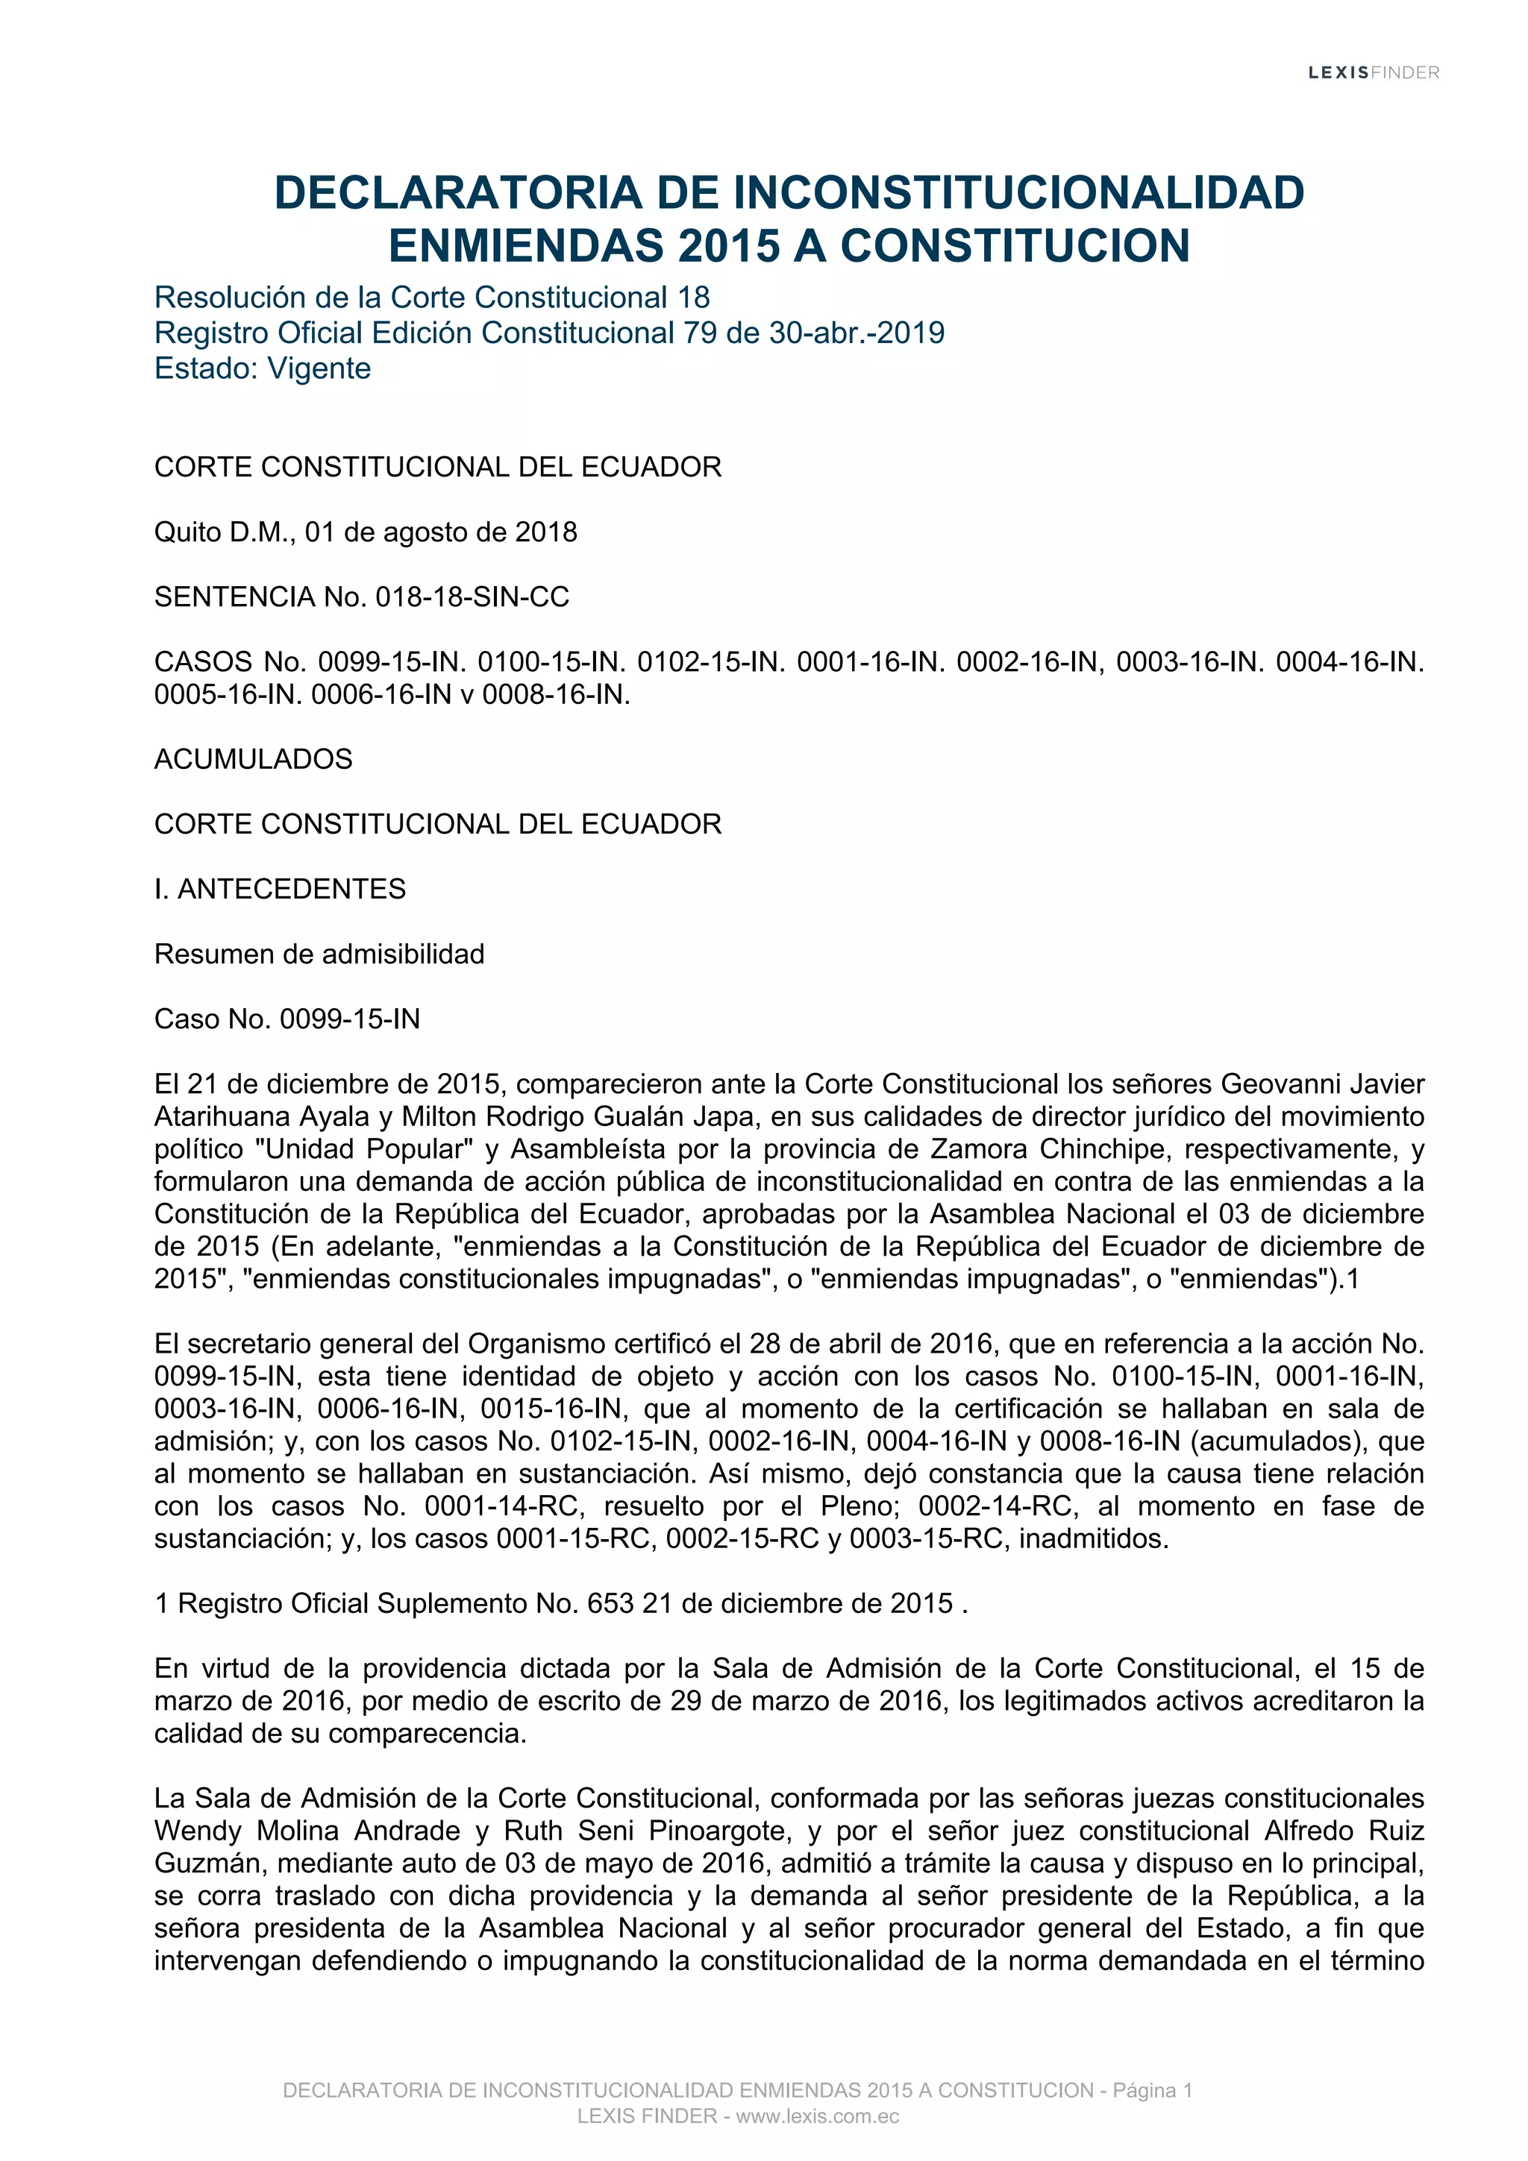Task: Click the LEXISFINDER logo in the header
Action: coord(1373,72)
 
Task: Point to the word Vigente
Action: coord(319,368)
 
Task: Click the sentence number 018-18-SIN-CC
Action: coord(472,597)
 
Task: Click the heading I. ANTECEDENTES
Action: coord(280,889)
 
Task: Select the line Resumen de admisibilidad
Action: coord(319,954)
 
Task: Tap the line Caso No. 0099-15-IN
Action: coord(287,1019)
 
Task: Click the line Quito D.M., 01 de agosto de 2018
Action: coord(366,532)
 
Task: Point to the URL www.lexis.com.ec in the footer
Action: coord(817,2117)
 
